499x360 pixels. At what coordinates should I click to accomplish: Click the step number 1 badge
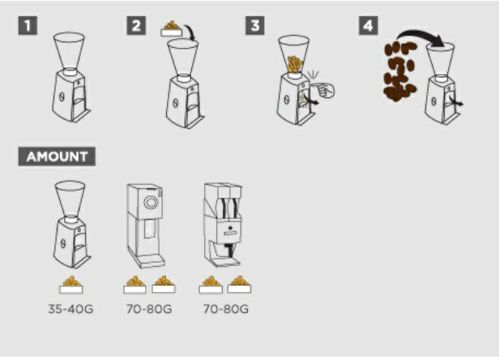click(x=28, y=25)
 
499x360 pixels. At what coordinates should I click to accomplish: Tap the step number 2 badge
click(x=136, y=25)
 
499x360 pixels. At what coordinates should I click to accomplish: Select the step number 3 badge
click(x=255, y=25)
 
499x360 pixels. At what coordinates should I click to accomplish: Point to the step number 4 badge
click(x=369, y=25)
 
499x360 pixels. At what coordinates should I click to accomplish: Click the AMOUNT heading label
click(x=57, y=156)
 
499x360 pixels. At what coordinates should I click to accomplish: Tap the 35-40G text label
click(x=70, y=309)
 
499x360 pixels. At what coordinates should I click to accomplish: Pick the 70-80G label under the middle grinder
click(x=149, y=309)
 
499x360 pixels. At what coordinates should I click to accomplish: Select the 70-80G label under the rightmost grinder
click(x=226, y=309)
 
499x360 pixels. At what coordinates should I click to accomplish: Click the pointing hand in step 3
click(x=323, y=89)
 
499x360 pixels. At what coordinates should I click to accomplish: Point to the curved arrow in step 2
click(x=190, y=32)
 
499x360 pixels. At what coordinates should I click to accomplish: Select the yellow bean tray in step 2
click(x=172, y=28)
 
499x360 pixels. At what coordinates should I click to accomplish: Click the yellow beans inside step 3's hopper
click(x=294, y=65)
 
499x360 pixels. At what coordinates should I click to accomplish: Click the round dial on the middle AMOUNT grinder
click(x=151, y=203)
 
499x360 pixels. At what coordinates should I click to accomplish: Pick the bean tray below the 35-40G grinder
click(x=71, y=285)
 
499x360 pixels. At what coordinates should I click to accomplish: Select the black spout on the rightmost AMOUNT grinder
click(x=230, y=250)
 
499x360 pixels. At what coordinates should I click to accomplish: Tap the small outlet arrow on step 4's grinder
click(x=457, y=101)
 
